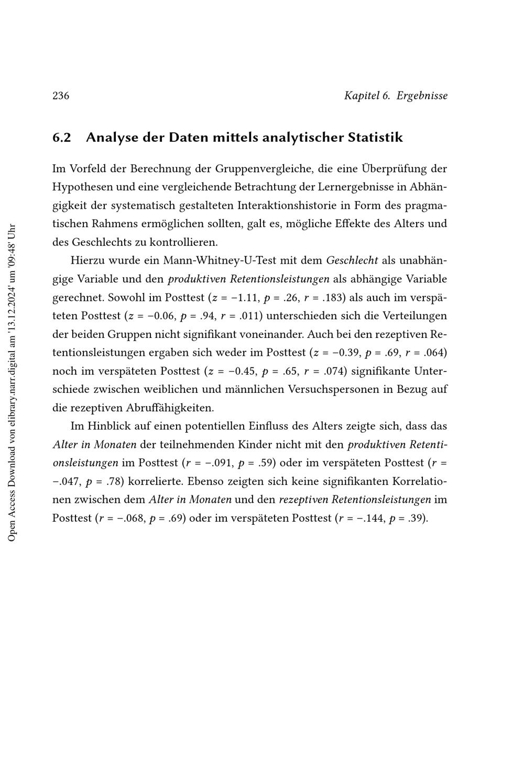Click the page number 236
point(61,96)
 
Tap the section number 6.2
point(61,138)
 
